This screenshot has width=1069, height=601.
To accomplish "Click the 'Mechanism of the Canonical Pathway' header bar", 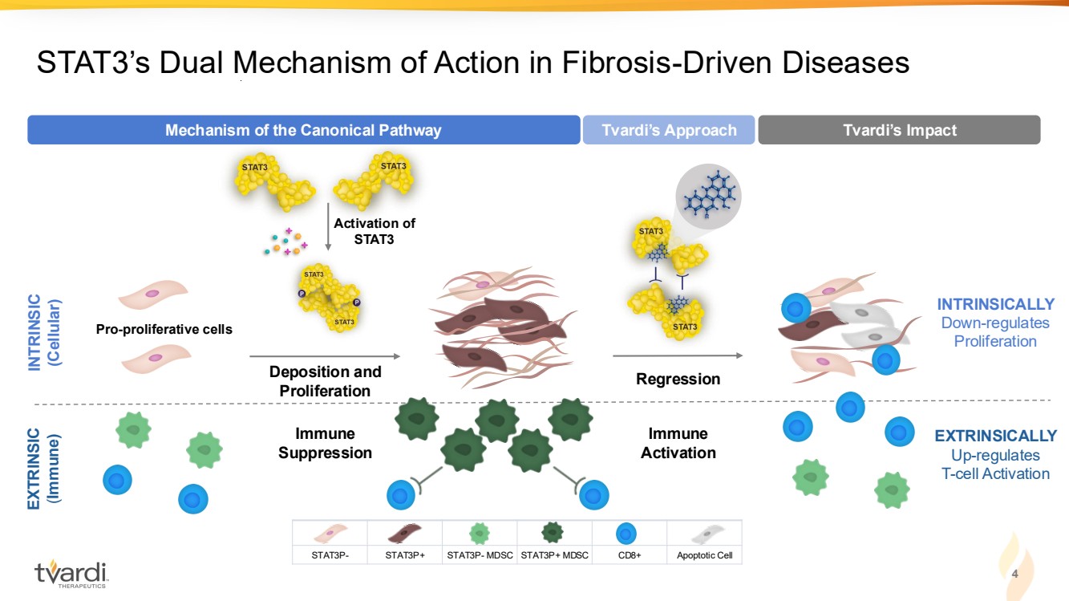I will pyautogui.click(x=303, y=130).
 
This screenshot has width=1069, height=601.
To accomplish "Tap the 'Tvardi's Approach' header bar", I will pyautogui.click(x=669, y=130).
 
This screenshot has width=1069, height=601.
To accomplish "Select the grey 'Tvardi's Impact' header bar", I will pyautogui.click(x=899, y=130).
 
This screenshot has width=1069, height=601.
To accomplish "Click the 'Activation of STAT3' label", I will pyautogui.click(x=375, y=231).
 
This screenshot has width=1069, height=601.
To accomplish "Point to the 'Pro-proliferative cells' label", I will pyautogui.click(x=164, y=329).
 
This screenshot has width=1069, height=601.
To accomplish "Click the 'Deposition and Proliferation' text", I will pyautogui.click(x=325, y=381).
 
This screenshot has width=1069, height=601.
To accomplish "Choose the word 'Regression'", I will pyautogui.click(x=678, y=379).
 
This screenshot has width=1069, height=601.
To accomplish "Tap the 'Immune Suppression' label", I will pyautogui.click(x=325, y=443).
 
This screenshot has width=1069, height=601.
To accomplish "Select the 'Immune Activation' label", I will pyautogui.click(x=678, y=443).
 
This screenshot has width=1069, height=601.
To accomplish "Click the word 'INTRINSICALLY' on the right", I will pyautogui.click(x=995, y=304).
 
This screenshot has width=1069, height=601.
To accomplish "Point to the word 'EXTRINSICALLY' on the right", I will pyautogui.click(x=995, y=436).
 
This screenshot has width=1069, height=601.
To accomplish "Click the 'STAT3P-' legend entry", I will pyautogui.click(x=329, y=543).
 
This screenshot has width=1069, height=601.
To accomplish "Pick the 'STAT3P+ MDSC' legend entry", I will pyautogui.click(x=554, y=543).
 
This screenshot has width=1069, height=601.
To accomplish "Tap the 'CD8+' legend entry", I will pyautogui.click(x=629, y=543).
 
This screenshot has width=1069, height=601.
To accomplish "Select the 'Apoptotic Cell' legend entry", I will pyautogui.click(x=704, y=543).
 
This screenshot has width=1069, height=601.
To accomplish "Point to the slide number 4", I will pyautogui.click(x=1014, y=575).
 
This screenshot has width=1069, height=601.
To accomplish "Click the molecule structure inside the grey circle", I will pyautogui.click(x=708, y=195).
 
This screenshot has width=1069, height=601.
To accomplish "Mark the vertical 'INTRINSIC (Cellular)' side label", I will pyautogui.click(x=45, y=334).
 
